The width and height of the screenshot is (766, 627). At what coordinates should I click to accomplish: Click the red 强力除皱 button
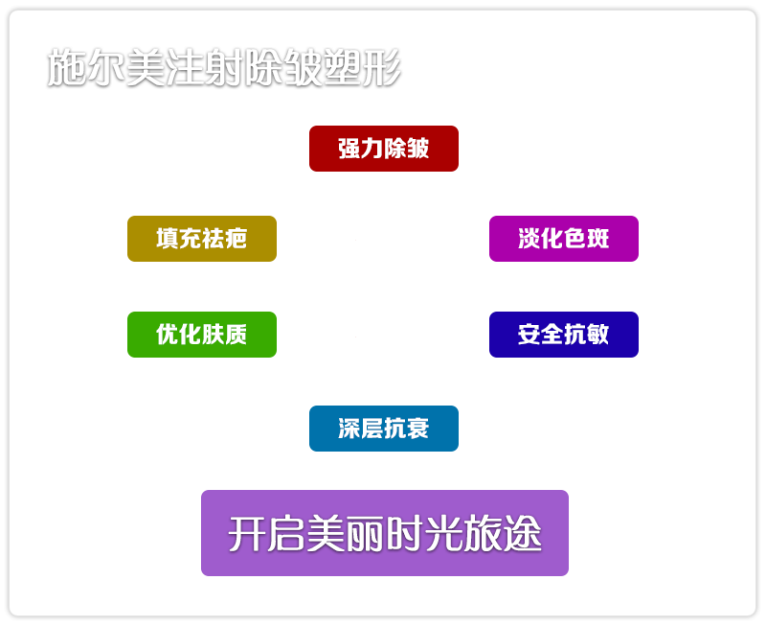pyautogui.click(x=384, y=149)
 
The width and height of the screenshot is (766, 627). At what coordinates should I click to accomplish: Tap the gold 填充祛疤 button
pyautogui.click(x=202, y=239)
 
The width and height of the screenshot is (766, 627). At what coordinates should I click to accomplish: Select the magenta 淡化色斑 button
pyautogui.click(x=564, y=239)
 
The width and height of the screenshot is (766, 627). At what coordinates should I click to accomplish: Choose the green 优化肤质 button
pyautogui.click(x=202, y=335)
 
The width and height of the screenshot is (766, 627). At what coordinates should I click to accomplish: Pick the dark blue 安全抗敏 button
pyautogui.click(x=564, y=335)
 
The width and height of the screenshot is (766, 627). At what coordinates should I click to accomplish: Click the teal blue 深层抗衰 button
pyautogui.click(x=384, y=429)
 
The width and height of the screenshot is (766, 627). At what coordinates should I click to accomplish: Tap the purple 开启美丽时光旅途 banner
pyautogui.click(x=385, y=533)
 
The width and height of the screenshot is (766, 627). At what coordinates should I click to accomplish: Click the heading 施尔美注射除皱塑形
pyautogui.click(x=224, y=67)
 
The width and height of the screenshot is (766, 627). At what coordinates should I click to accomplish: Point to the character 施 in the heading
pyautogui.click(x=67, y=67)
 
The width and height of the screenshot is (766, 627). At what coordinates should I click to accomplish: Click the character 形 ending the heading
pyautogui.click(x=382, y=67)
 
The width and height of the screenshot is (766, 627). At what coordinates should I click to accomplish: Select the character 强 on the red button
pyautogui.click(x=349, y=149)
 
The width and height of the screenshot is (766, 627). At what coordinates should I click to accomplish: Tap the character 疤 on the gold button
pyautogui.click(x=236, y=239)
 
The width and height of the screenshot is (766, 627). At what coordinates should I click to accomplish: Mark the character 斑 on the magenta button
pyautogui.click(x=597, y=239)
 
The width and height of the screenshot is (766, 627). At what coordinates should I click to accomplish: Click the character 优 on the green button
pyautogui.click(x=168, y=335)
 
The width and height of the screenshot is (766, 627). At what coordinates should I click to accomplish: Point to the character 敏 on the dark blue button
pyautogui.click(x=597, y=335)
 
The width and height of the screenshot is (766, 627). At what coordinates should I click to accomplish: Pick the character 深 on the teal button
pyautogui.click(x=349, y=429)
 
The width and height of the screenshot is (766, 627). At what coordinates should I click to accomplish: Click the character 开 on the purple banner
pyautogui.click(x=248, y=534)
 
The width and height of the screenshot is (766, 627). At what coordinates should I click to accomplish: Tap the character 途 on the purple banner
pyautogui.click(x=522, y=534)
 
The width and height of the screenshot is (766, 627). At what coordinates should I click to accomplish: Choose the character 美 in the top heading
pyautogui.click(x=146, y=67)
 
